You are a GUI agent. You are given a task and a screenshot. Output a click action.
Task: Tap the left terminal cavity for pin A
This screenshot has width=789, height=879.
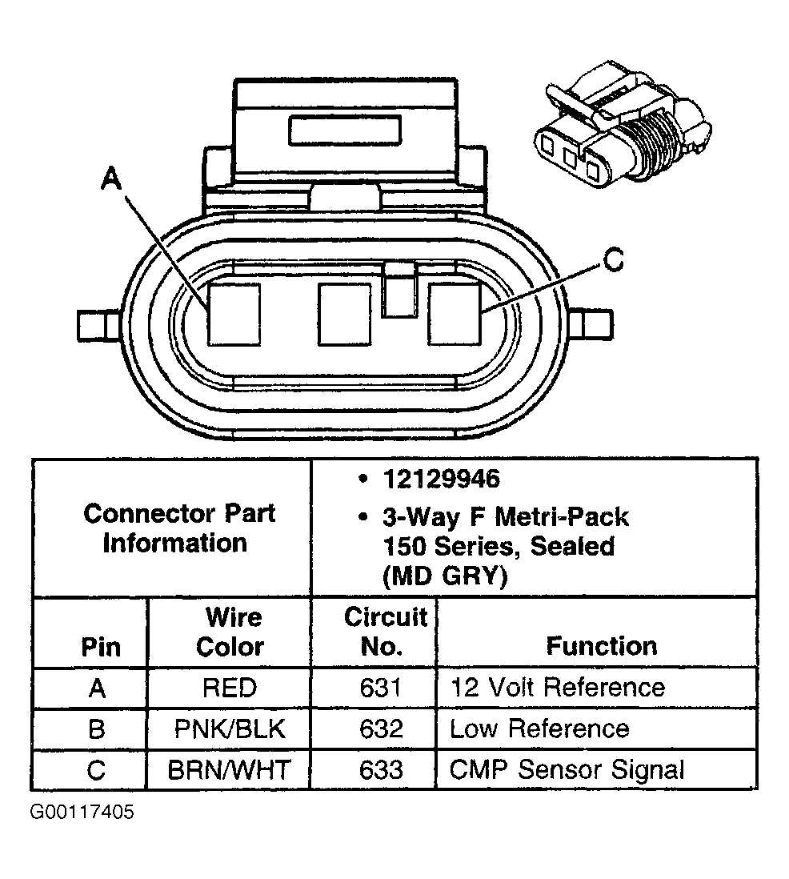click(x=234, y=315)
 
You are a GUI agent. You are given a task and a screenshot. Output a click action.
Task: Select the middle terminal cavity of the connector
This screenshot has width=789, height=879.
click(x=345, y=315)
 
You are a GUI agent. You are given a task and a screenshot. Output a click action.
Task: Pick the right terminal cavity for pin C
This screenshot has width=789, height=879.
click(x=455, y=315)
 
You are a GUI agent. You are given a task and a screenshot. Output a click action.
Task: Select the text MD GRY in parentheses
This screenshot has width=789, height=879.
click(x=445, y=576)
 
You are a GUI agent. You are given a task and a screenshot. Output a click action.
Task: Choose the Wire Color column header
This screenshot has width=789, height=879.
click(x=230, y=632)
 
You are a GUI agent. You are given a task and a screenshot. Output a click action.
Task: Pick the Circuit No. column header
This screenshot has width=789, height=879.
click(x=385, y=632)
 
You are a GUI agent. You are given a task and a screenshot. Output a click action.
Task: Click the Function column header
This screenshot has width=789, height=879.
click(x=601, y=646)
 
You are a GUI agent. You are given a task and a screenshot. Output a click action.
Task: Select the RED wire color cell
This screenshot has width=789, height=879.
click(x=230, y=688)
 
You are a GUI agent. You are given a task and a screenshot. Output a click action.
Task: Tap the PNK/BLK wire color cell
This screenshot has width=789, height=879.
click(x=230, y=728)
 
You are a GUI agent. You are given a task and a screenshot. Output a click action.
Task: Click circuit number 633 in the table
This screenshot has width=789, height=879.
click(x=381, y=770)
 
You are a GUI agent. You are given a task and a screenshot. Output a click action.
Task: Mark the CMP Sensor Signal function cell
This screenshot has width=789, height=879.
click(x=567, y=770)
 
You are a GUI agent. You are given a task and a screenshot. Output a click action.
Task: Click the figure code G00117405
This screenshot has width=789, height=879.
click(x=82, y=813)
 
